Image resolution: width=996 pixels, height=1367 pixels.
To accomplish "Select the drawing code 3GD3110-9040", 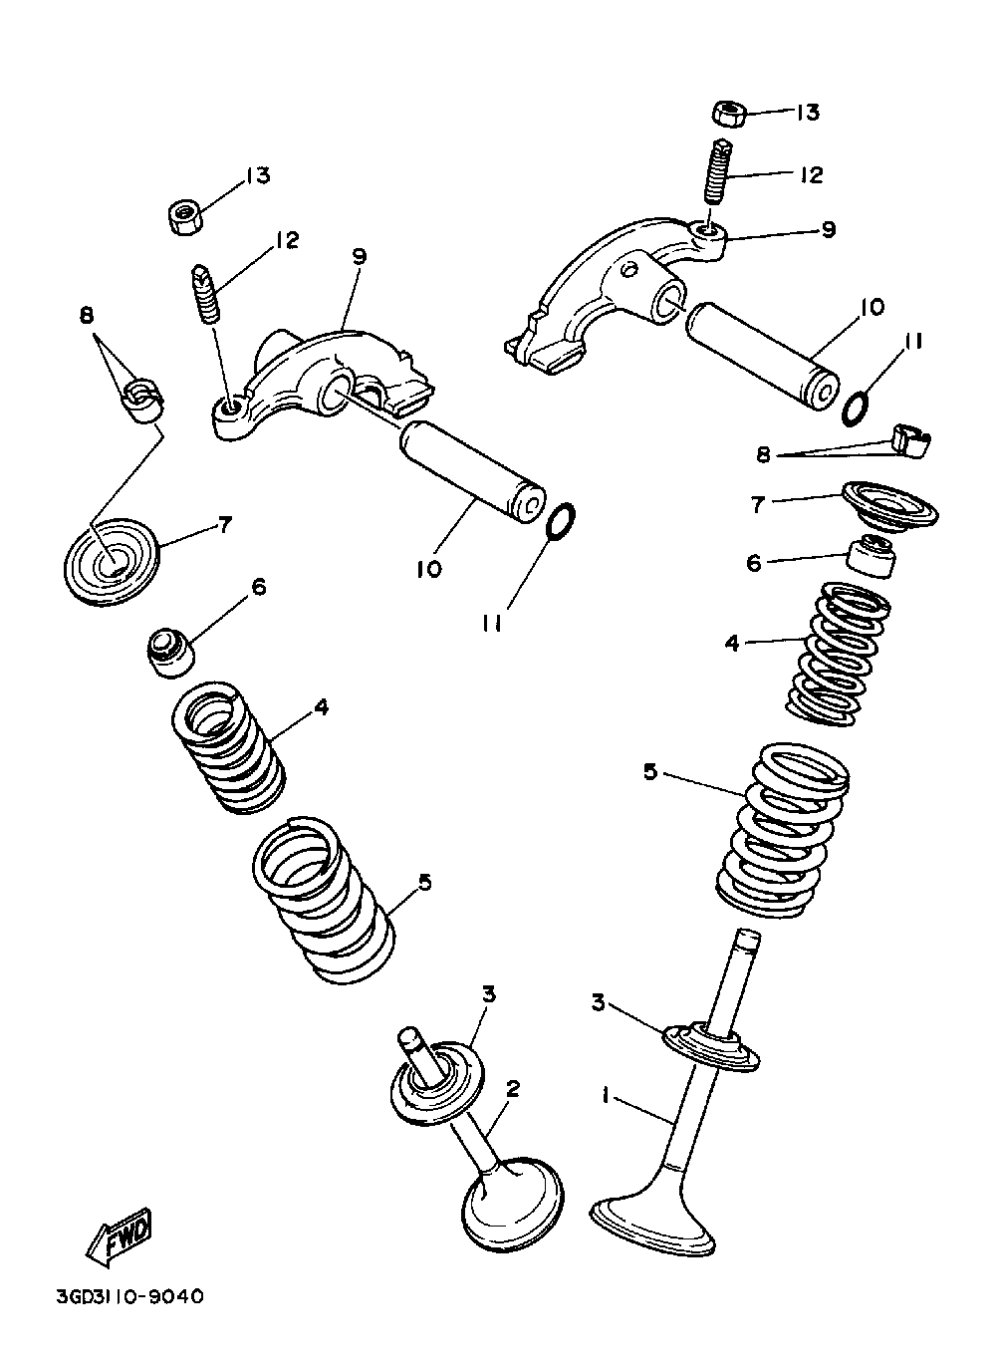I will [x=129, y=1297].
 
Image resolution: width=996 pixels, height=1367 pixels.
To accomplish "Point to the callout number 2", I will [x=513, y=1088].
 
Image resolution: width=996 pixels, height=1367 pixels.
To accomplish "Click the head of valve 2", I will [x=512, y=1210].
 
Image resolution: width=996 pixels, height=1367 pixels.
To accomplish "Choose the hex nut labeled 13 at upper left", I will [x=184, y=215].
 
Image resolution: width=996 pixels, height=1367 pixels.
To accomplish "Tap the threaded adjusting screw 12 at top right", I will [x=716, y=177].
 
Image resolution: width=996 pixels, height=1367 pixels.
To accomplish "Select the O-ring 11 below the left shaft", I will [x=562, y=519].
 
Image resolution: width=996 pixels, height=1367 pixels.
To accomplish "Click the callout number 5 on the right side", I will [x=649, y=770].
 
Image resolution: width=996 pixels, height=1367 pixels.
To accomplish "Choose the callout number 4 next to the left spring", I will [x=320, y=706].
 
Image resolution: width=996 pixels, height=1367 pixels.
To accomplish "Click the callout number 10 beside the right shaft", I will [x=871, y=307].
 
